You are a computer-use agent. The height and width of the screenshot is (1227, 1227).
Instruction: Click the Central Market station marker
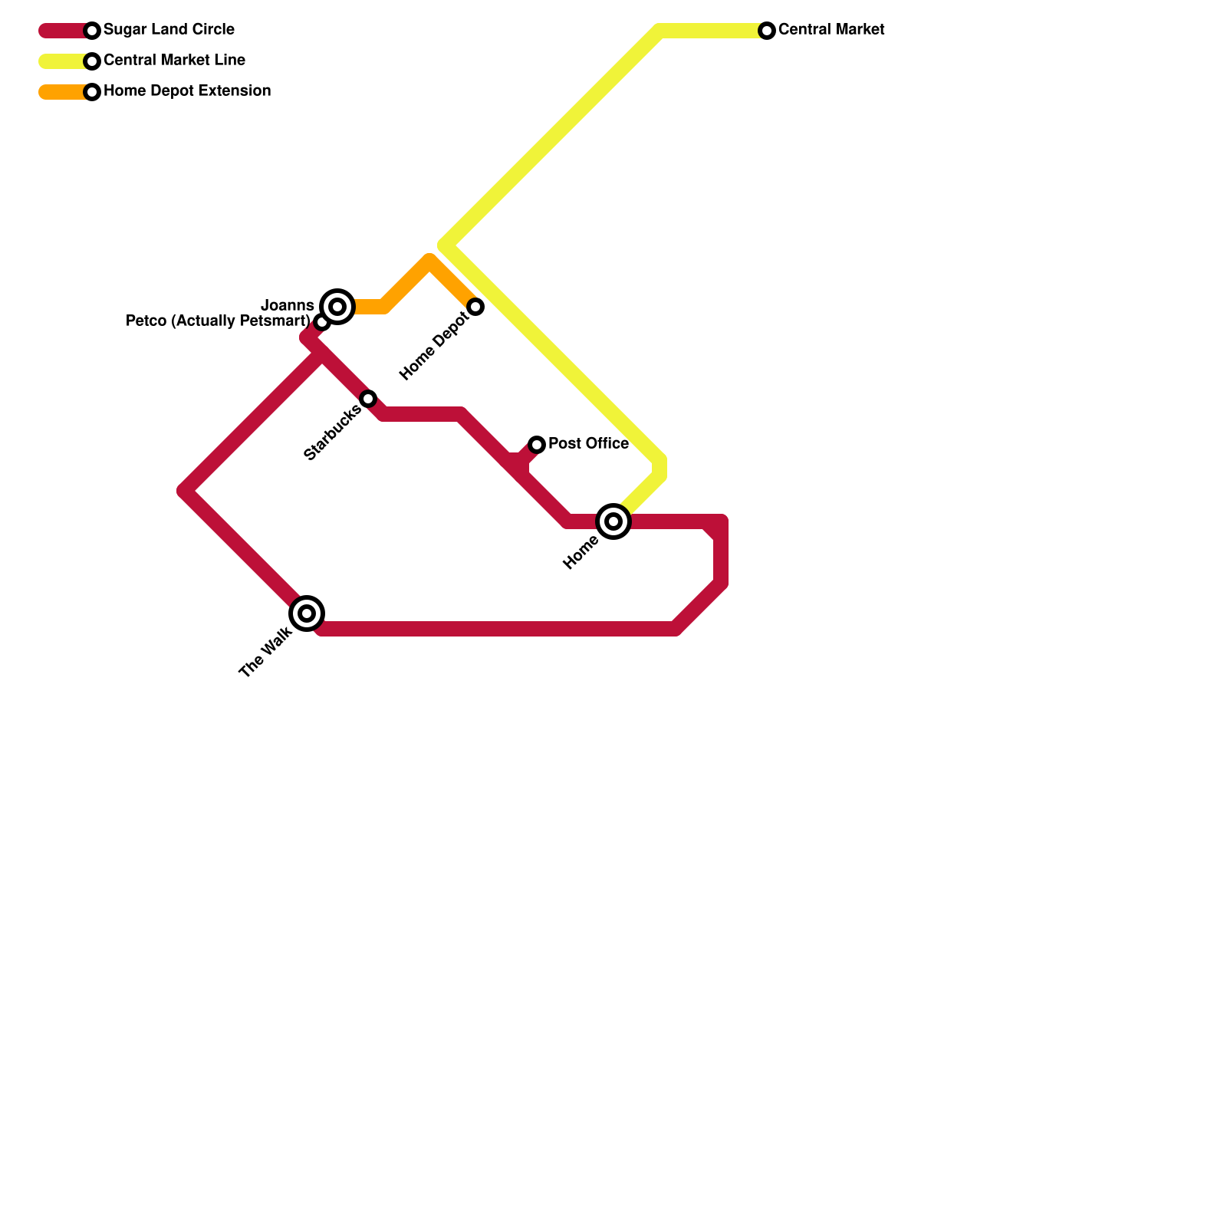coord(767,31)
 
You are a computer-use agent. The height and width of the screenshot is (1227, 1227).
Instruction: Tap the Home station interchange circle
coord(613,521)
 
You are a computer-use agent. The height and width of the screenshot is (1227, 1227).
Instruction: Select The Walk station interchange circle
coord(307,613)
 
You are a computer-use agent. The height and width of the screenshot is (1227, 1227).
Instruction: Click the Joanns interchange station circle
coord(337,307)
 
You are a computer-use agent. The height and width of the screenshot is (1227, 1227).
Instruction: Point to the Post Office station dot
coord(537,445)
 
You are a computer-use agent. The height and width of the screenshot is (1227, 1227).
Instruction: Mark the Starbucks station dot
coord(368,399)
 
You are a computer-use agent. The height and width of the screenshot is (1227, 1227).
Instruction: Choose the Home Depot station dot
coord(475,307)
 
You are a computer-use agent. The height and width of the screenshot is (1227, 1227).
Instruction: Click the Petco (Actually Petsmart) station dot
coord(322,323)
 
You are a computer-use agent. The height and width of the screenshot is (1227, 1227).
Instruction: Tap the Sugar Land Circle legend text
coord(169,30)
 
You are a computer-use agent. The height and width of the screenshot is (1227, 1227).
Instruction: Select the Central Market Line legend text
coord(174,61)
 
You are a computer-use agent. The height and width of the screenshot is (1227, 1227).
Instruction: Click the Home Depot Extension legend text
coord(187,91)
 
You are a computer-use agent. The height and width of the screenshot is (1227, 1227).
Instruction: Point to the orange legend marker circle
coord(92,92)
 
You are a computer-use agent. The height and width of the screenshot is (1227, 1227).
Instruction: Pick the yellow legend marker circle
coord(92,61)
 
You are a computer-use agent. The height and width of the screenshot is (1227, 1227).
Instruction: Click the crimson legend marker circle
coord(92,31)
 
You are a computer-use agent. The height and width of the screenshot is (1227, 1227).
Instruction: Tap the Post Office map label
coord(588,444)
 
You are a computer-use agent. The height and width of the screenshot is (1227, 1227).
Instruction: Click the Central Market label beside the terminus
coord(831,30)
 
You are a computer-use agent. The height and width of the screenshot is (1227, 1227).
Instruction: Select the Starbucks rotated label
coord(332,433)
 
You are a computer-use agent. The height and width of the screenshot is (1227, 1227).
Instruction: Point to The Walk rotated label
coord(265,653)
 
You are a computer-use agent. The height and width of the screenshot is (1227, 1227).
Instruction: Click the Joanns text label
coord(288,306)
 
